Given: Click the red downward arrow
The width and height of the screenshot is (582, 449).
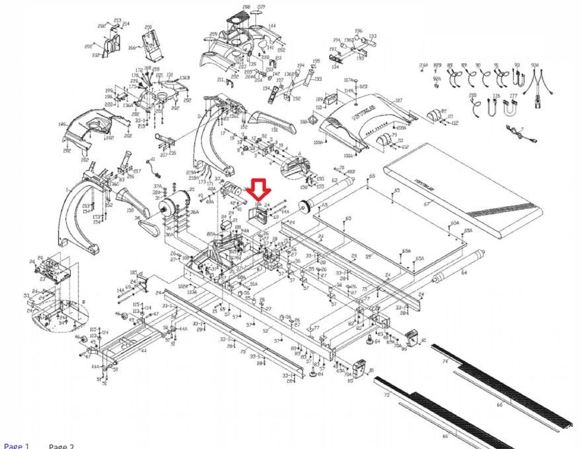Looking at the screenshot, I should pyautogui.click(x=259, y=189).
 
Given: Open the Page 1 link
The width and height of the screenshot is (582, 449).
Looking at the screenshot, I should pyautogui.click(x=16, y=446).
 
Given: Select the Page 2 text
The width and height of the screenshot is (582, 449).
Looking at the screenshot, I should pyautogui.click(x=61, y=446).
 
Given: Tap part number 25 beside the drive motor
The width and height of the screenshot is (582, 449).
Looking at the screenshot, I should pyautogui.click(x=192, y=189).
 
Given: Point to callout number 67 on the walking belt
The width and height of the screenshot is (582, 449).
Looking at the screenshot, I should pyautogui.click(x=427, y=204).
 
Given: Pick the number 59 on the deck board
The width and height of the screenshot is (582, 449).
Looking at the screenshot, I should pyautogui.click(x=368, y=257).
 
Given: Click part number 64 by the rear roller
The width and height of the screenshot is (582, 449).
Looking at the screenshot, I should pyautogui.click(x=463, y=272).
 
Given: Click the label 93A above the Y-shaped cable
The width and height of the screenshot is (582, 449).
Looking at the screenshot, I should pyautogui.click(x=535, y=65).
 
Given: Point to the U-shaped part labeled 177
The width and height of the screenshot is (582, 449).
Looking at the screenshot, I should pyautogui.click(x=513, y=96).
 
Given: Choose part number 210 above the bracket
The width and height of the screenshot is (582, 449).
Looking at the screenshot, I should pyautogui.click(x=148, y=27).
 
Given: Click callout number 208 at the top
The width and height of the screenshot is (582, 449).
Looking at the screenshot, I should pyautogui.click(x=246, y=7).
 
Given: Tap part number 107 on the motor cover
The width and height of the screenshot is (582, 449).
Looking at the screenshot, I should pyautogui.click(x=398, y=100).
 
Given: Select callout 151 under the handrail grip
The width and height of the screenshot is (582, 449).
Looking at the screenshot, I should pyautogui.click(x=274, y=130).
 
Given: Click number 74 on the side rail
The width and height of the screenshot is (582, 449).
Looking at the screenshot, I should pyautogui.click(x=445, y=361).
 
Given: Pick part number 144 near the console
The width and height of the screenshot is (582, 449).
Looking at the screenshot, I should pyautogui.click(x=272, y=26).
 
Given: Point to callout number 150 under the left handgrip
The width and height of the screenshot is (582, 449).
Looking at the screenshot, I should pyautogui.click(x=131, y=210).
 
